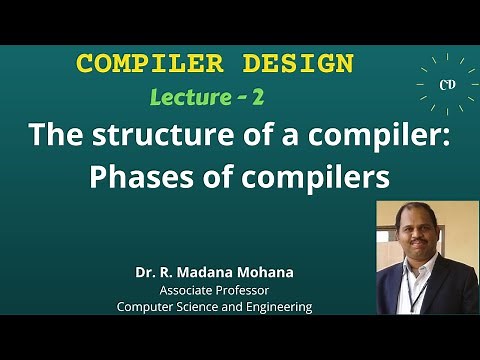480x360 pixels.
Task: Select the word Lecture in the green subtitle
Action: pos(191,97)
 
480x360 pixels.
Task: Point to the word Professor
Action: pos(246,290)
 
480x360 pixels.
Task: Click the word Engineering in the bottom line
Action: pos(277,307)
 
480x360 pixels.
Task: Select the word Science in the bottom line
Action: pos(201,307)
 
